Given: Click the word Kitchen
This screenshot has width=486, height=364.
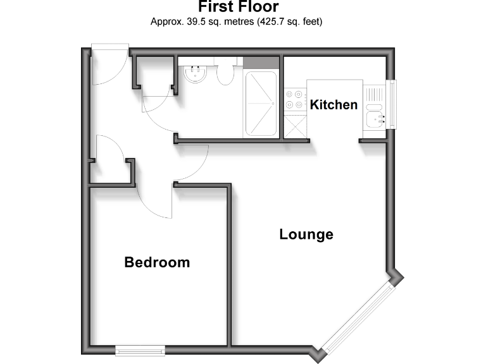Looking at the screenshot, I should [x=333, y=105].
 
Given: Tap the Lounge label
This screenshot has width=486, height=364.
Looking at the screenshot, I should [x=306, y=235].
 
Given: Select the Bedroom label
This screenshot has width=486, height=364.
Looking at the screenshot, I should [x=157, y=262].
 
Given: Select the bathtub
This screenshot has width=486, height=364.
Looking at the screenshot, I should [x=261, y=104].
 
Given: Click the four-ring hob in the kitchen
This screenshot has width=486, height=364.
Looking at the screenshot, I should [x=294, y=99].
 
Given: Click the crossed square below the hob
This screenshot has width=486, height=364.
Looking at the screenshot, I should [x=294, y=126].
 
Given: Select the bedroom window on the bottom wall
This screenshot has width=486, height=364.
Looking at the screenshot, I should [x=140, y=349].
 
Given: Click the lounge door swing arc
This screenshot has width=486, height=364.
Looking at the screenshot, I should [x=193, y=164].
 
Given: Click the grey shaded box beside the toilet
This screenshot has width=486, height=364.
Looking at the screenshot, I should [x=261, y=63].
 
